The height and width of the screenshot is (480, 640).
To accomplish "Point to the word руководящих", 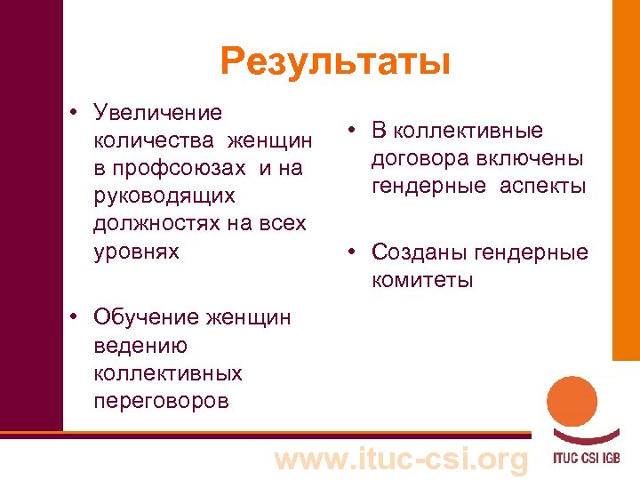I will pyautogui.click(x=164, y=196).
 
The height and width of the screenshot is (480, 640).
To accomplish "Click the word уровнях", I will pyautogui.click(x=136, y=251).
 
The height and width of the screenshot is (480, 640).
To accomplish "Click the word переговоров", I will pyautogui.click(x=161, y=400).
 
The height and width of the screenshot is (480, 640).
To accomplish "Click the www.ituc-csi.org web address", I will pyautogui.click(x=400, y=459).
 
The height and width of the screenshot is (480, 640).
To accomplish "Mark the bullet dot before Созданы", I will pyautogui.click(x=353, y=252).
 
